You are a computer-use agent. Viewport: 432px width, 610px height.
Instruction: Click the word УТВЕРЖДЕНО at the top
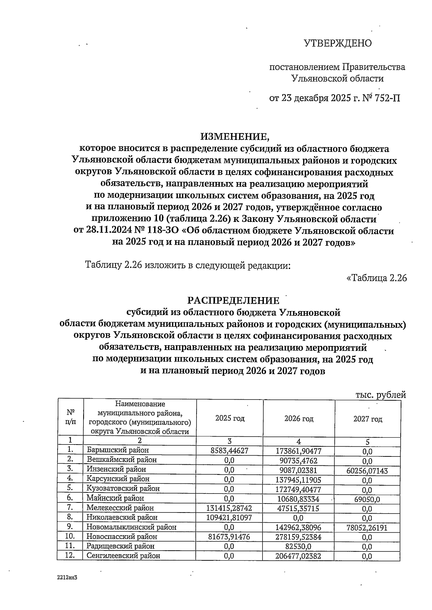pyautogui.click(x=337, y=44)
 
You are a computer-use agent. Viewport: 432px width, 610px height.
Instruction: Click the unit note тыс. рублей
pyautogui.click(x=380, y=395)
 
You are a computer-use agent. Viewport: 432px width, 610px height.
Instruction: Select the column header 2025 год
pyautogui.click(x=230, y=418)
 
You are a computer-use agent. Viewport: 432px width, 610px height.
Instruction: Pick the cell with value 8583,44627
pyautogui.click(x=230, y=450)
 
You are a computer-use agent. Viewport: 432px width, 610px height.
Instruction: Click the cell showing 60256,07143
pyautogui.click(x=367, y=470)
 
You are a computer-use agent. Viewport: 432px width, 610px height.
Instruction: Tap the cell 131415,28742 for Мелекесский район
pyautogui.click(x=229, y=508)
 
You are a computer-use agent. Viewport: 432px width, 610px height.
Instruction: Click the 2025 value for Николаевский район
pyautogui.click(x=229, y=518)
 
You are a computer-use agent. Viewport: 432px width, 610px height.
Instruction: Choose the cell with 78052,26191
pyautogui.click(x=367, y=528)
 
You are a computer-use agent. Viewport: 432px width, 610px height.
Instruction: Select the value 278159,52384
pyautogui.click(x=298, y=537)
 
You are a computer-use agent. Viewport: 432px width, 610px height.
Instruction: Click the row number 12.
pyautogui.click(x=71, y=555)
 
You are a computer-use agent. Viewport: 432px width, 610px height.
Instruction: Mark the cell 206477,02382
pyautogui.click(x=298, y=556)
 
